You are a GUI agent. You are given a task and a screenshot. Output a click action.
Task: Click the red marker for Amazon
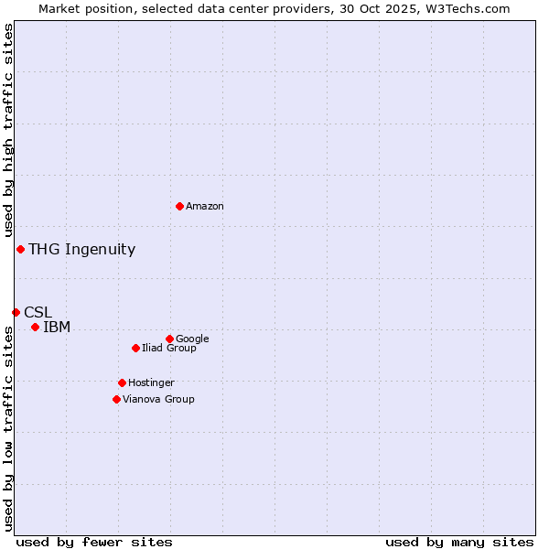(x=179, y=206)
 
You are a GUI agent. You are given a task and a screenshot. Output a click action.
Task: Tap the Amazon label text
(x=205, y=207)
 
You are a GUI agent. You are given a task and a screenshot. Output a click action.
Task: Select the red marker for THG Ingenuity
(x=20, y=249)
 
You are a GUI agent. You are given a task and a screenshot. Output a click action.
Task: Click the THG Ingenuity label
(x=81, y=249)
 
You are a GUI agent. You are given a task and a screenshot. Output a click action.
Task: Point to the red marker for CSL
(x=16, y=312)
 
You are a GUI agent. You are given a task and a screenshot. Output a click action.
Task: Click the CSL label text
(x=38, y=312)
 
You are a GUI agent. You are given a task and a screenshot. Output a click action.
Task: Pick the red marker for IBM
(x=35, y=327)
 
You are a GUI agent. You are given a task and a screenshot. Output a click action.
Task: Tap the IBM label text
(x=57, y=327)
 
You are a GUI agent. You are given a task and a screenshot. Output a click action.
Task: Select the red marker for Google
(x=169, y=339)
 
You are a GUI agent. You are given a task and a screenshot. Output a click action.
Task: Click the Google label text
(x=192, y=339)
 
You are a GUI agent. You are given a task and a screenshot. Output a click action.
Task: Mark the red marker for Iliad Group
(x=135, y=348)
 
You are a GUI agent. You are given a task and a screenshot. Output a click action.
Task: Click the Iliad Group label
(x=169, y=349)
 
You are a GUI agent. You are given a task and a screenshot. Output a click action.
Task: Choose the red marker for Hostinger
(x=122, y=382)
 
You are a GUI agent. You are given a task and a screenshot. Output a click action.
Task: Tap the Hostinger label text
(x=151, y=383)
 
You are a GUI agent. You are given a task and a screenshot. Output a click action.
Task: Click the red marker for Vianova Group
(x=116, y=399)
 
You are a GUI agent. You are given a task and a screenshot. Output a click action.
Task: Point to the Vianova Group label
(x=158, y=400)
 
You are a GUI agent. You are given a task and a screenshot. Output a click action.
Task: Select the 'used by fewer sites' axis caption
(x=94, y=542)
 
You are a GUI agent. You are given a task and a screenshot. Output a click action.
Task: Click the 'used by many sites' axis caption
(x=459, y=542)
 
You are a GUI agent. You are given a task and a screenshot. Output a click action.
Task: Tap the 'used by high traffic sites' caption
(x=9, y=130)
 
